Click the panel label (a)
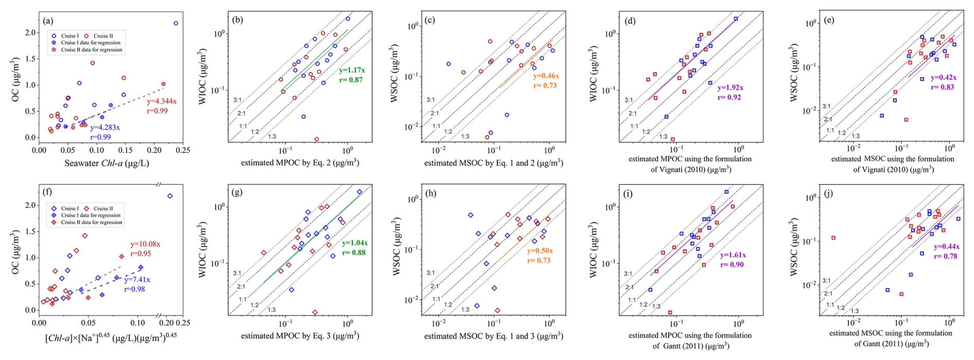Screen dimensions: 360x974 pos(48,21)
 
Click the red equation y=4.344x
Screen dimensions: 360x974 pos(162,101)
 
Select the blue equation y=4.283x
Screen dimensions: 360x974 pos(105,128)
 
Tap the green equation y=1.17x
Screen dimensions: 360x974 pos(352,70)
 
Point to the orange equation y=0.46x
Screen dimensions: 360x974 pos(546,76)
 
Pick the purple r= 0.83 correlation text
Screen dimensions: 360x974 pos(943,87)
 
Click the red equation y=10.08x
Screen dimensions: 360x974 pos(145,244)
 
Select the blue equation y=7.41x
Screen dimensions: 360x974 pos(137,280)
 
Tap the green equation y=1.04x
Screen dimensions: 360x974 pos(355,243)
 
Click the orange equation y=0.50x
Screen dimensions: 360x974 pos(540,251)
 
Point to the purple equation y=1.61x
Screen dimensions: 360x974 pos(733,255)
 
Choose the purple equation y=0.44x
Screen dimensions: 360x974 pos(946,247)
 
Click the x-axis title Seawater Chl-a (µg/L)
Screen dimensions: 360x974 pos(107,163)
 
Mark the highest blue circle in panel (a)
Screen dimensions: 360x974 pos(176,23)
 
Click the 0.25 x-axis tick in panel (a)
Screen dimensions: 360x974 pos(183,150)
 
